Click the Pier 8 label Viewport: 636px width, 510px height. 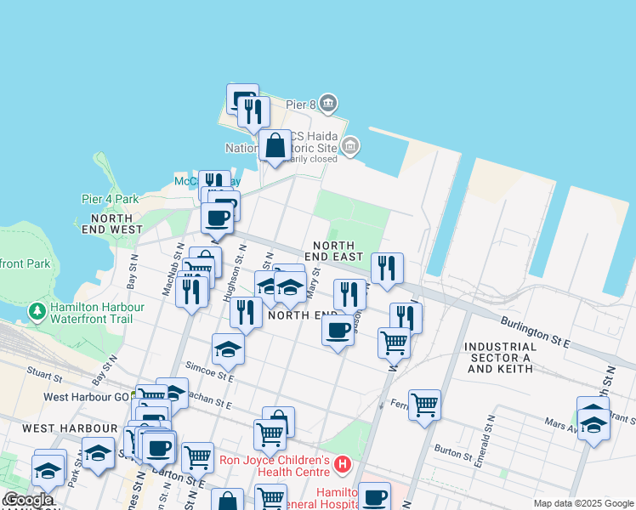(x=300, y=105)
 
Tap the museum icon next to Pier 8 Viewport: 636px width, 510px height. (x=329, y=105)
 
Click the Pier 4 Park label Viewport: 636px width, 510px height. (x=110, y=199)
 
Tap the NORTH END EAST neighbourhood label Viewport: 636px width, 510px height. (x=334, y=250)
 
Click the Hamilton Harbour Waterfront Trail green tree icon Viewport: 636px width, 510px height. (x=37, y=312)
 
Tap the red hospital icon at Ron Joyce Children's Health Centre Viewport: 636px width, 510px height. (x=342, y=464)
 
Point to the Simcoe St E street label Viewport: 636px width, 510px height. (x=212, y=371)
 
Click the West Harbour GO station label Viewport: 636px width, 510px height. (x=86, y=397)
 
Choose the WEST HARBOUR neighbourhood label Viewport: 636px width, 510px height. (x=58, y=428)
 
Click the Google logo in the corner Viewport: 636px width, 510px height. (x=28, y=501)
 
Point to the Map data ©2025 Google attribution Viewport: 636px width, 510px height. (x=582, y=503)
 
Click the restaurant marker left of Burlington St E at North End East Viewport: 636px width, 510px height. (x=387, y=269)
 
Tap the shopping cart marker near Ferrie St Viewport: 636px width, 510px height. (x=424, y=405)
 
